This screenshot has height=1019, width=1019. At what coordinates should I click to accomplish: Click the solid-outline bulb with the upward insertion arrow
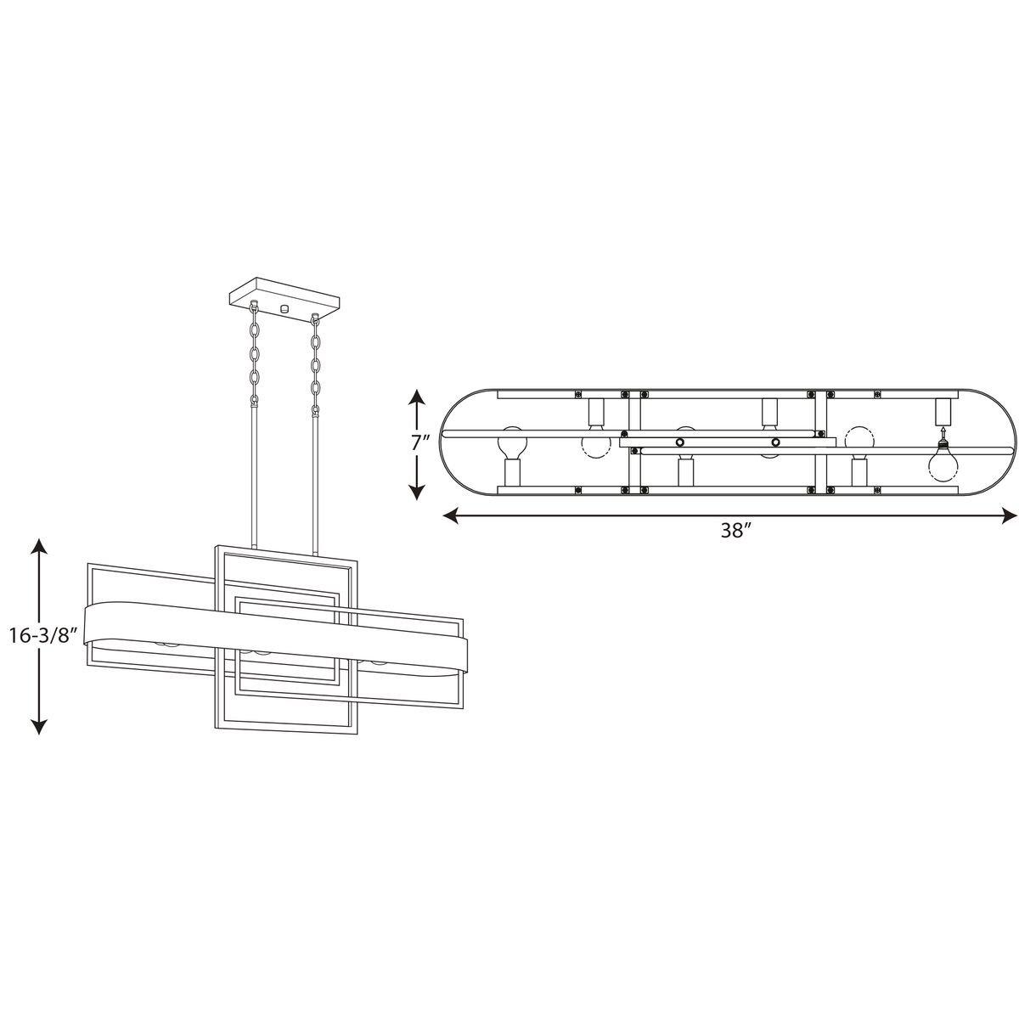[x=943, y=463]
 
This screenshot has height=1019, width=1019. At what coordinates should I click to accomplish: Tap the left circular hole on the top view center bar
[x=679, y=442]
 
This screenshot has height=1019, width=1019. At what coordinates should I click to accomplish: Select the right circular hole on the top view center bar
[x=774, y=442]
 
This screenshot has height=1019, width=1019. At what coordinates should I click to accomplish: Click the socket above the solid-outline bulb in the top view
[x=941, y=412]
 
